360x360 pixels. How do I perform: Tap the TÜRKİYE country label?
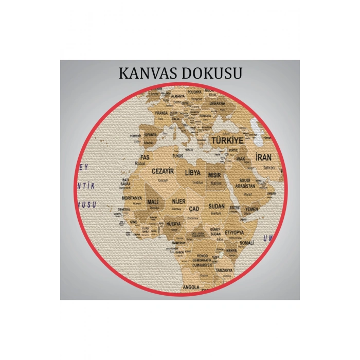pyautogui.click(x=227, y=140)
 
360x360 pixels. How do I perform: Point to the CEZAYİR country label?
pyautogui.click(x=162, y=171)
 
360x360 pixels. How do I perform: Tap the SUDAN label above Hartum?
pyautogui.click(x=217, y=206)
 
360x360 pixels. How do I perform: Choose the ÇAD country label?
pyautogui.click(x=194, y=209)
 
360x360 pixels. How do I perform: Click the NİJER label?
pyautogui.click(x=178, y=201)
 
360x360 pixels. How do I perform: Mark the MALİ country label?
pyautogui.click(x=153, y=202)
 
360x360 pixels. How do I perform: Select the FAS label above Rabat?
pyautogui.click(x=146, y=157)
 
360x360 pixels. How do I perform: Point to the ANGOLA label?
pyautogui.click(x=191, y=287)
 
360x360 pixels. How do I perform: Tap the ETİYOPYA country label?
pyautogui.click(x=235, y=232)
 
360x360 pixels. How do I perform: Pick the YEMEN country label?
pyautogui.click(x=252, y=209)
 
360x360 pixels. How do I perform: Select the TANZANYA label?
pyautogui.click(x=224, y=270)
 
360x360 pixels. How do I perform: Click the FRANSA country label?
pyautogui.click(x=161, y=112)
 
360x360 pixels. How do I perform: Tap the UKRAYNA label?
pyautogui.click(x=217, y=103)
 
